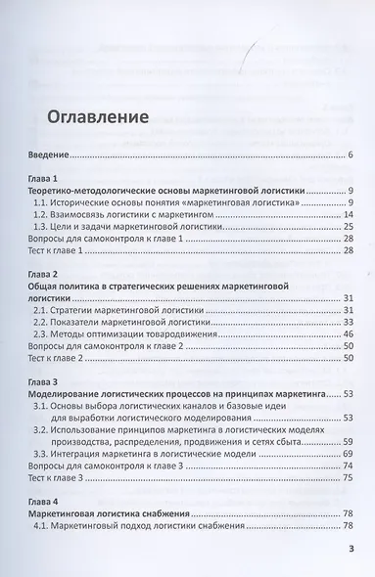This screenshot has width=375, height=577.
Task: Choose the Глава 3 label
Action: click(x=46, y=380)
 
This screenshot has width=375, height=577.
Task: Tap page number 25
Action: click(x=348, y=227)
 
